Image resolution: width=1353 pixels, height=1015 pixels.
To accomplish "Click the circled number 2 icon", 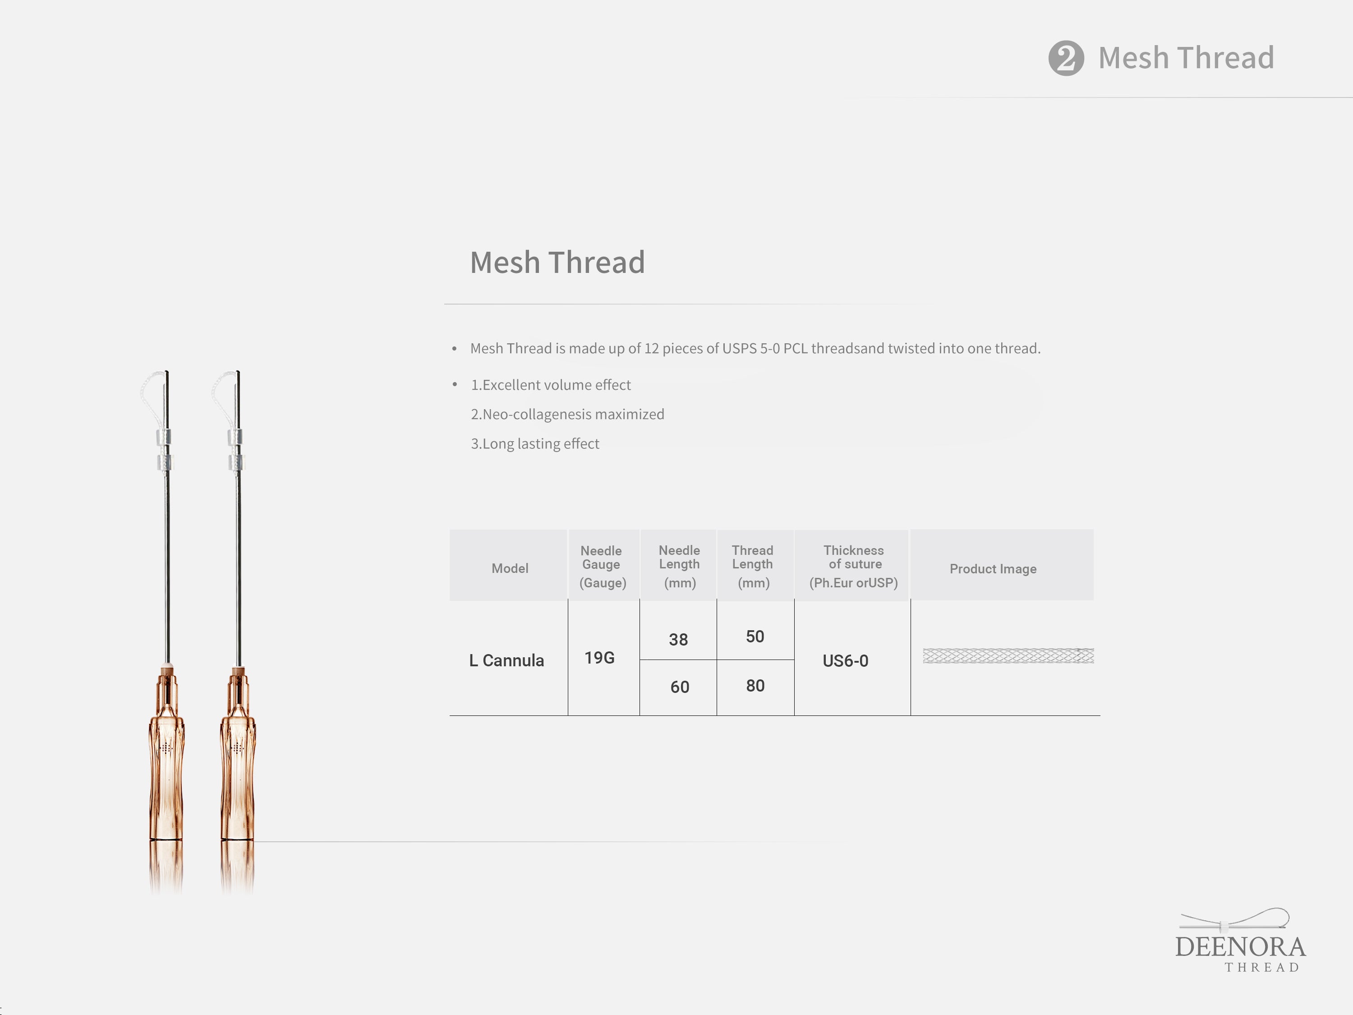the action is click(1066, 58).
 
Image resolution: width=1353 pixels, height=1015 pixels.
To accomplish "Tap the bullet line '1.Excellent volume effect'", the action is click(551, 385).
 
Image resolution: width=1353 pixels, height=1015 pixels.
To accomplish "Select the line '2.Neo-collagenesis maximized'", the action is click(567, 414).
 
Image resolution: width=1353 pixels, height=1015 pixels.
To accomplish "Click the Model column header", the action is click(510, 568).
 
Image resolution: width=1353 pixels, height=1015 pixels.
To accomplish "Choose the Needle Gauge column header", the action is click(603, 567).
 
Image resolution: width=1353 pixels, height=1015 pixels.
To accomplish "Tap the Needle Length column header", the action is click(680, 566).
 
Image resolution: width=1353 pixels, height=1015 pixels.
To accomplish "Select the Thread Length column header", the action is click(753, 566).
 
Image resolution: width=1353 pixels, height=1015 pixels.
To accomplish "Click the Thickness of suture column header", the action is click(854, 566).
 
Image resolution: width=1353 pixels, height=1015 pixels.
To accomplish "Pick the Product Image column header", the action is click(993, 569).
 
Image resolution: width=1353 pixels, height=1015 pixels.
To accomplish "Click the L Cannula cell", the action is click(506, 661).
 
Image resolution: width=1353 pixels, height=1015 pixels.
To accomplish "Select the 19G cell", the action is click(599, 658).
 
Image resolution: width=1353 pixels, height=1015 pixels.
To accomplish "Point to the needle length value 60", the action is click(680, 687).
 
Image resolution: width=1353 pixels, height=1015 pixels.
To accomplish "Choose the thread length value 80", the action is click(755, 686).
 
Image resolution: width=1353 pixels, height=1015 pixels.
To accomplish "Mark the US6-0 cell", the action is click(845, 661).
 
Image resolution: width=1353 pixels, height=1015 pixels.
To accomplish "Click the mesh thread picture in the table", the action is click(1008, 656).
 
